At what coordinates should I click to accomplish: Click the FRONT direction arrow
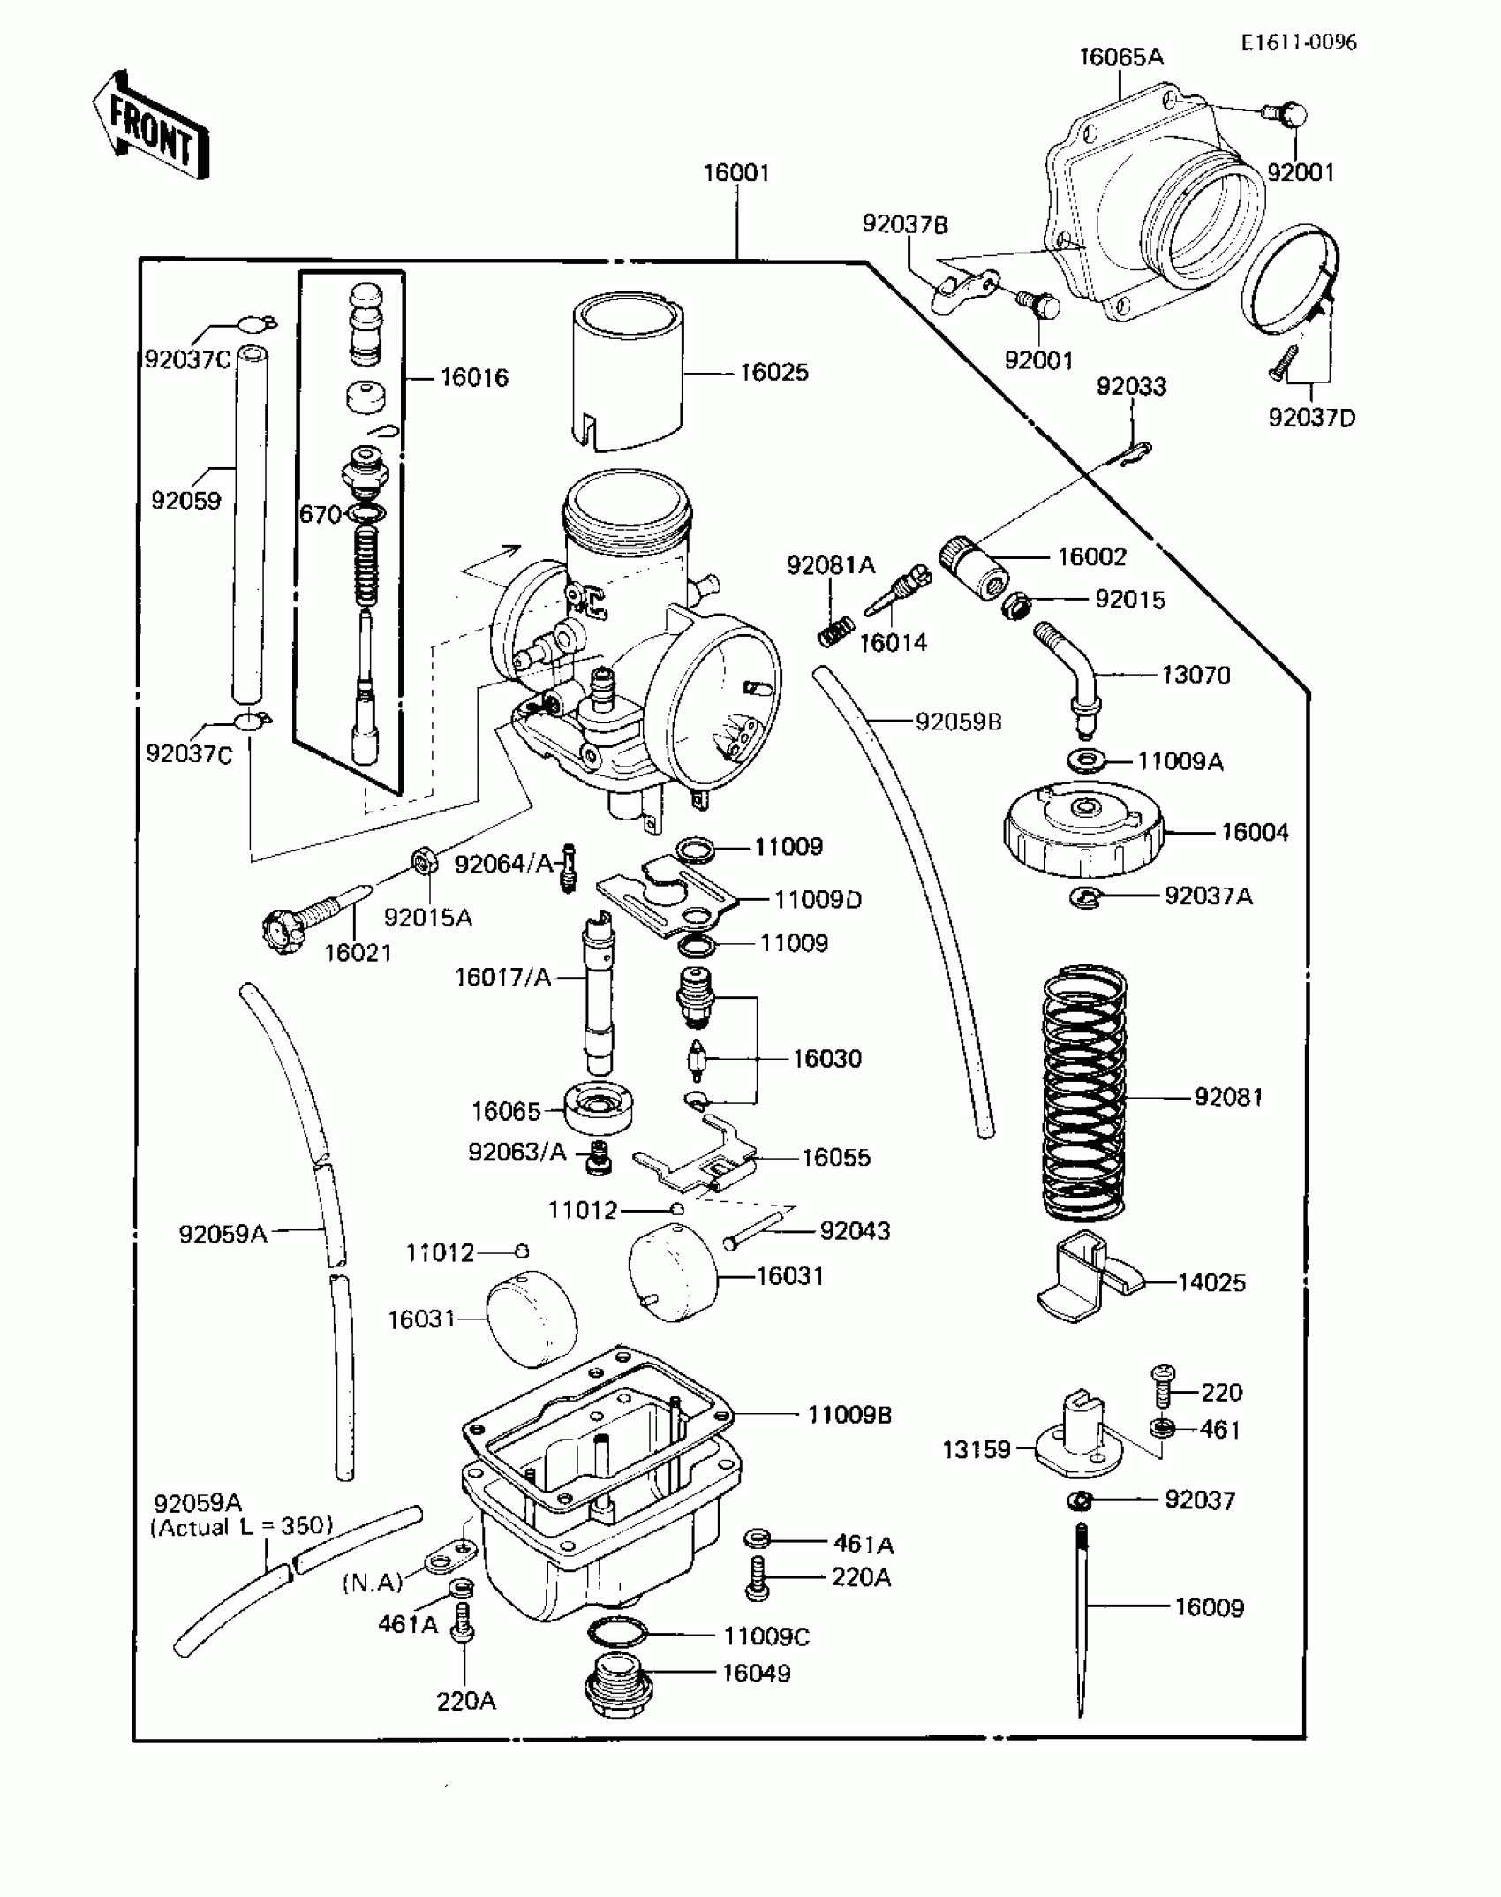[x=151, y=126]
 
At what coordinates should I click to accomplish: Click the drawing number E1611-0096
[x=1298, y=42]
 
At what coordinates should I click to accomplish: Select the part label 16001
[x=736, y=173]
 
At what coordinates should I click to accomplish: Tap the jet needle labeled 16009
[x=1082, y=1621]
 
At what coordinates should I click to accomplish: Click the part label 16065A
[x=1121, y=57]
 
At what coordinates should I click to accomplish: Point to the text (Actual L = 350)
[x=242, y=1527]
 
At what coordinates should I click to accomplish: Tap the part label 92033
[x=1131, y=387]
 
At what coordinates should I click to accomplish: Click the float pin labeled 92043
[x=753, y=1231]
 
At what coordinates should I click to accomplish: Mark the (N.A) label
[x=373, y=1583]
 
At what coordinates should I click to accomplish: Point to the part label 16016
[x=474, y=378]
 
